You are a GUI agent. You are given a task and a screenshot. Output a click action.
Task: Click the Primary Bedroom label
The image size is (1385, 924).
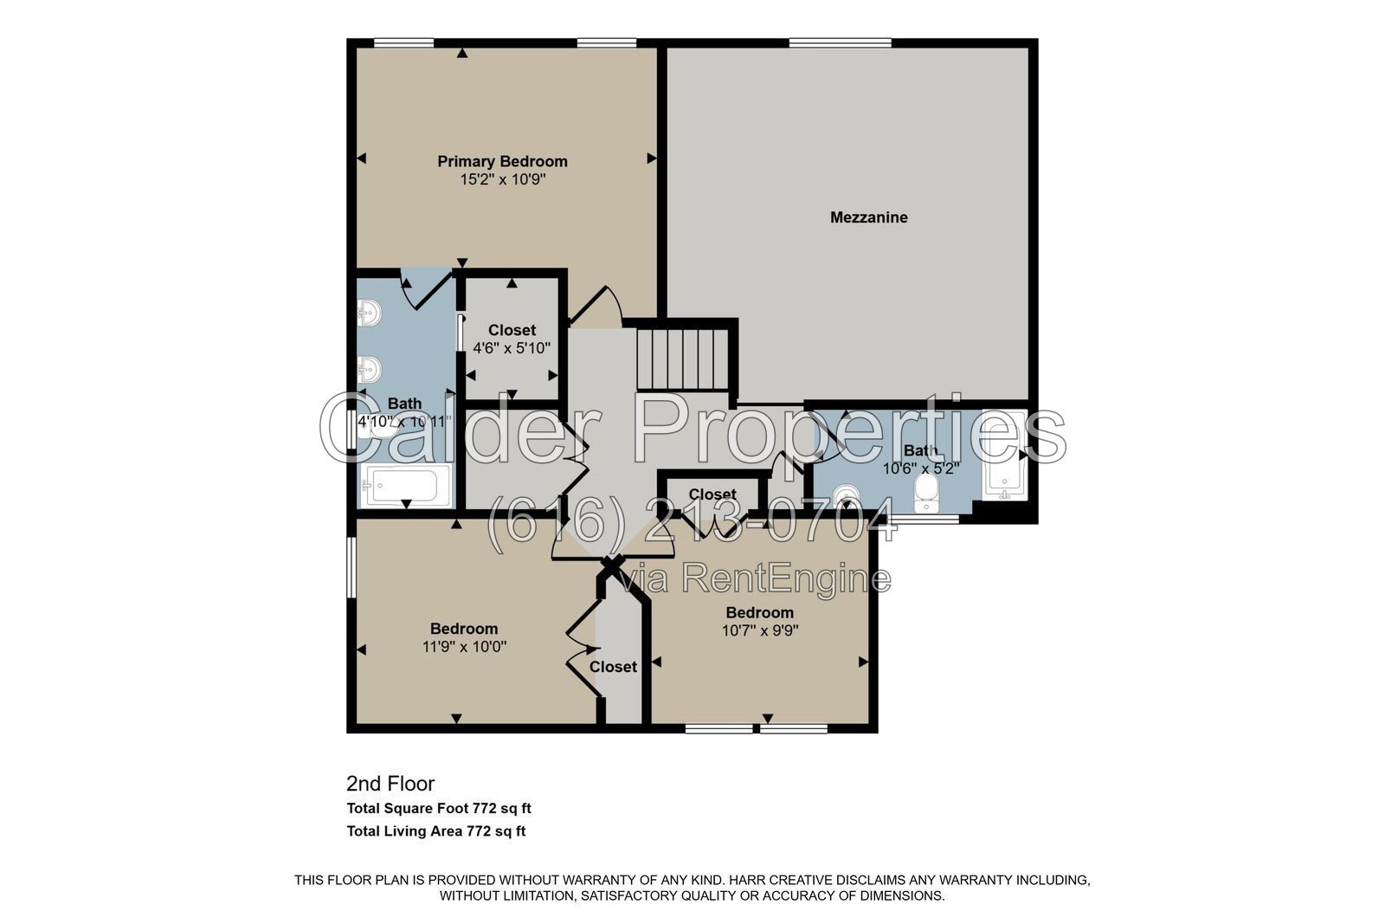[502, 161]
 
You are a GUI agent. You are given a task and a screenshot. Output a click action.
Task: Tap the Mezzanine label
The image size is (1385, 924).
[869, 217]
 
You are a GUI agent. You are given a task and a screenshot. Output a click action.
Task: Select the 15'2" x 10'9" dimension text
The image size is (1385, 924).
[503, 180]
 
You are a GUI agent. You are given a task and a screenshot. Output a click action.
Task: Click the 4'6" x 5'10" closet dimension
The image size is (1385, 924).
[512, 348]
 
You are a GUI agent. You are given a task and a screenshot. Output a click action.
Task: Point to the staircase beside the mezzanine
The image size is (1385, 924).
[683, 359]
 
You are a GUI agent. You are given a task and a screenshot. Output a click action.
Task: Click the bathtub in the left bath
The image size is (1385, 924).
[407, 486]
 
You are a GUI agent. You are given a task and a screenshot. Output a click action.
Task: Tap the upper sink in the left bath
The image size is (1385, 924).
[369, 313]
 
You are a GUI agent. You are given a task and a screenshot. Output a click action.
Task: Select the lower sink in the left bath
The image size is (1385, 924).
[369, 370]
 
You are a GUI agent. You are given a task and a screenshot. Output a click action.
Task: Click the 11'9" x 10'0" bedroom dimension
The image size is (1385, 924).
[464, 647]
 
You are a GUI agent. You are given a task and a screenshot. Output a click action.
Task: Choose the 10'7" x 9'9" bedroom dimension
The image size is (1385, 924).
[760, 630]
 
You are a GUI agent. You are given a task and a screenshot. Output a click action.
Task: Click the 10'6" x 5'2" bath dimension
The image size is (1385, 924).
[921, 468]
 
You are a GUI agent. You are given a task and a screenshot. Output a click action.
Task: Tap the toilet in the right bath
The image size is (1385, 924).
[925, 493]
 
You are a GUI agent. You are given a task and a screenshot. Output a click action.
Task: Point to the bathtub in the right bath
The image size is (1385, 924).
[1005, 456]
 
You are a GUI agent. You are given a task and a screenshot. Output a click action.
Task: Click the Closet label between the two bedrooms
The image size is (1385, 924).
[613, 667]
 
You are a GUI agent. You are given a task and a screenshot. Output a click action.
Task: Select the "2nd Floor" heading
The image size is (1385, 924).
[390, 784]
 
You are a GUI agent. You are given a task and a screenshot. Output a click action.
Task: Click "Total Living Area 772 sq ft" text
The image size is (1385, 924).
[436, 831]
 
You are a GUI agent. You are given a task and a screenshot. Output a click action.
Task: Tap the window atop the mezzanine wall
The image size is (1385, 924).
[841, 42]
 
